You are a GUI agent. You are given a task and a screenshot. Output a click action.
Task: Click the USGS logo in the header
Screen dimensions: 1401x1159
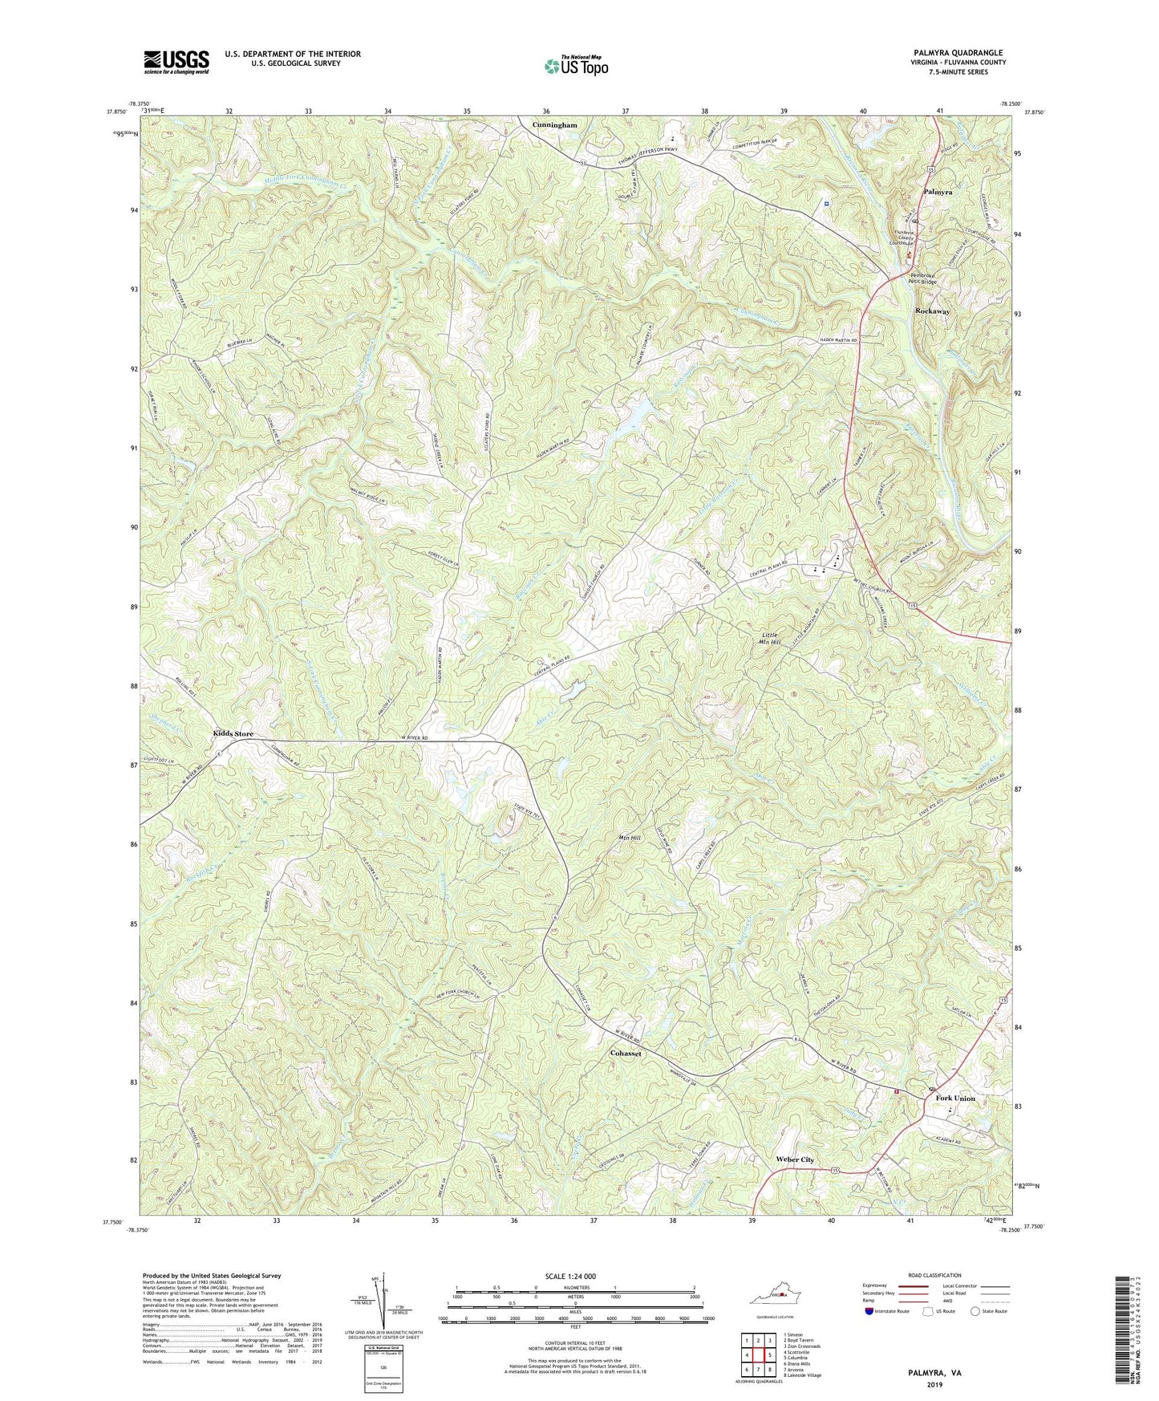point(176,61)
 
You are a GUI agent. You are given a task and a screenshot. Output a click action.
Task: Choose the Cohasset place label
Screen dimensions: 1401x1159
point(626,1054)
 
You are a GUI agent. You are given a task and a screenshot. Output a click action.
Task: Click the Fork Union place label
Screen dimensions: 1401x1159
point(953,1098)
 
